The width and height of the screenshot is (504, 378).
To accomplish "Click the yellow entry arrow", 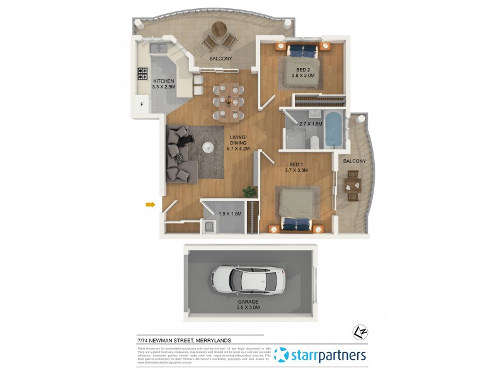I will click(x=151, y=204).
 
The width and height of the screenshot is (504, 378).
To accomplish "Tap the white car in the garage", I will click(x=248, y=279).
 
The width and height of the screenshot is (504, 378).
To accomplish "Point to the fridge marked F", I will click(x=142, y=104).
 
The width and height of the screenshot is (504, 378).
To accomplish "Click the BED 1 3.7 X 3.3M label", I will click(x=295, y=167).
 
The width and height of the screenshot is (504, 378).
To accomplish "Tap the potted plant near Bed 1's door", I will click(x=251, y=190).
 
